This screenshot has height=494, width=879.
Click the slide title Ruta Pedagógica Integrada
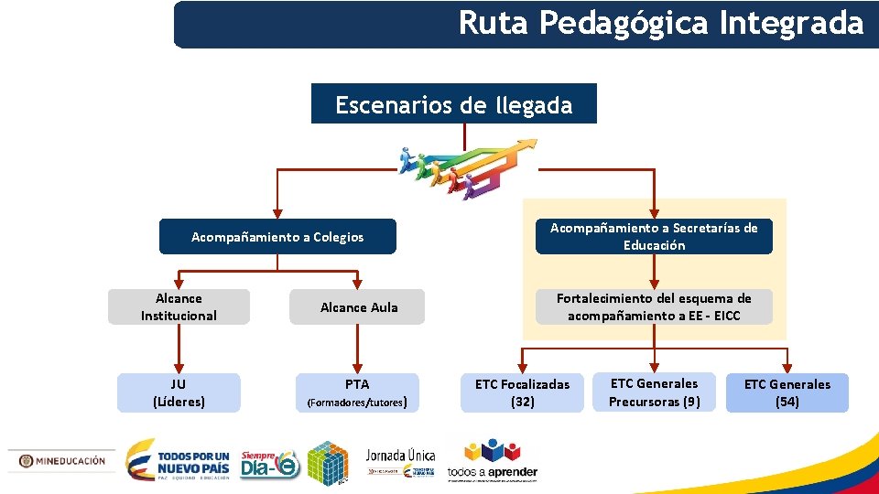coord(660,23)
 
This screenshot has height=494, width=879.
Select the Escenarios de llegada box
coord(453,104)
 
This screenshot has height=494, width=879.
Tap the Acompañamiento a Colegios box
coord(277,237)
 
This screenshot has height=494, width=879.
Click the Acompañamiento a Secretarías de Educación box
coord(654,236)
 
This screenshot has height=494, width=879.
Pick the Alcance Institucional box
coord(179,307)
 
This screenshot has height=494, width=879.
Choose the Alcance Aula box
coord(359,307)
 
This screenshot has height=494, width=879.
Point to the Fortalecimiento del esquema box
coord(654,307)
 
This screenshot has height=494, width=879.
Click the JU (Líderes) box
coord(179,392)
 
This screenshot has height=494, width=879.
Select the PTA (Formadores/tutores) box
coord(357,392)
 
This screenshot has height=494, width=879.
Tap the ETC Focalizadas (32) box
coord(522,393)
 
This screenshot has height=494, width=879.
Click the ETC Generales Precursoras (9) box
coord(654,392)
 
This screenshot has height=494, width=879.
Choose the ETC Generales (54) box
coord(787,392)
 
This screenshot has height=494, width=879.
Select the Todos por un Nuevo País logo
coord(178,461)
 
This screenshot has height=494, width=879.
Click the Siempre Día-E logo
coord(269,465)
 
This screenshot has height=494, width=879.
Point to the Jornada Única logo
coord(400,462)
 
